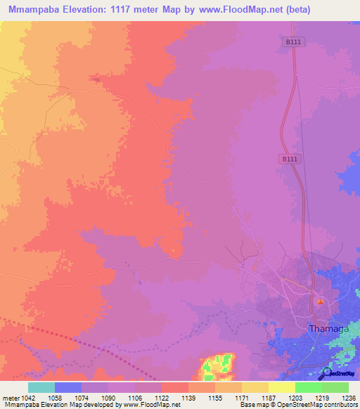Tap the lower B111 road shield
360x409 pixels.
pos(289,160)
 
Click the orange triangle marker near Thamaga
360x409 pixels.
pos(321,302)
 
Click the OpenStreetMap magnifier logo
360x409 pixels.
pos(326,373)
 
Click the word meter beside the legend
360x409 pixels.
pos(12,397)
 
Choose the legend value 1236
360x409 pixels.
pos(348,397)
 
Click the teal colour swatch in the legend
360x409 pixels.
pos(41,387)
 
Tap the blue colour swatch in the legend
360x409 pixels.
pos(68,387)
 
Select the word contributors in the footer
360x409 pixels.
pos(340,405)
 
